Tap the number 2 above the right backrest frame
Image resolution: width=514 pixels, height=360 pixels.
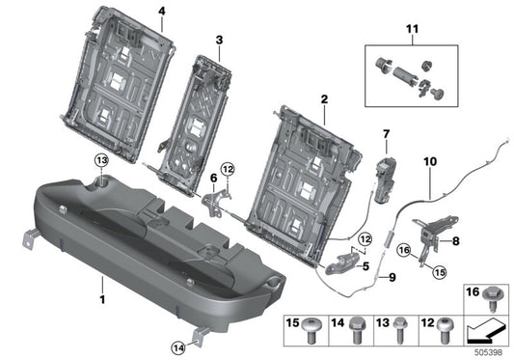324,98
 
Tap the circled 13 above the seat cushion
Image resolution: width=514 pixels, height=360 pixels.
101,160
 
